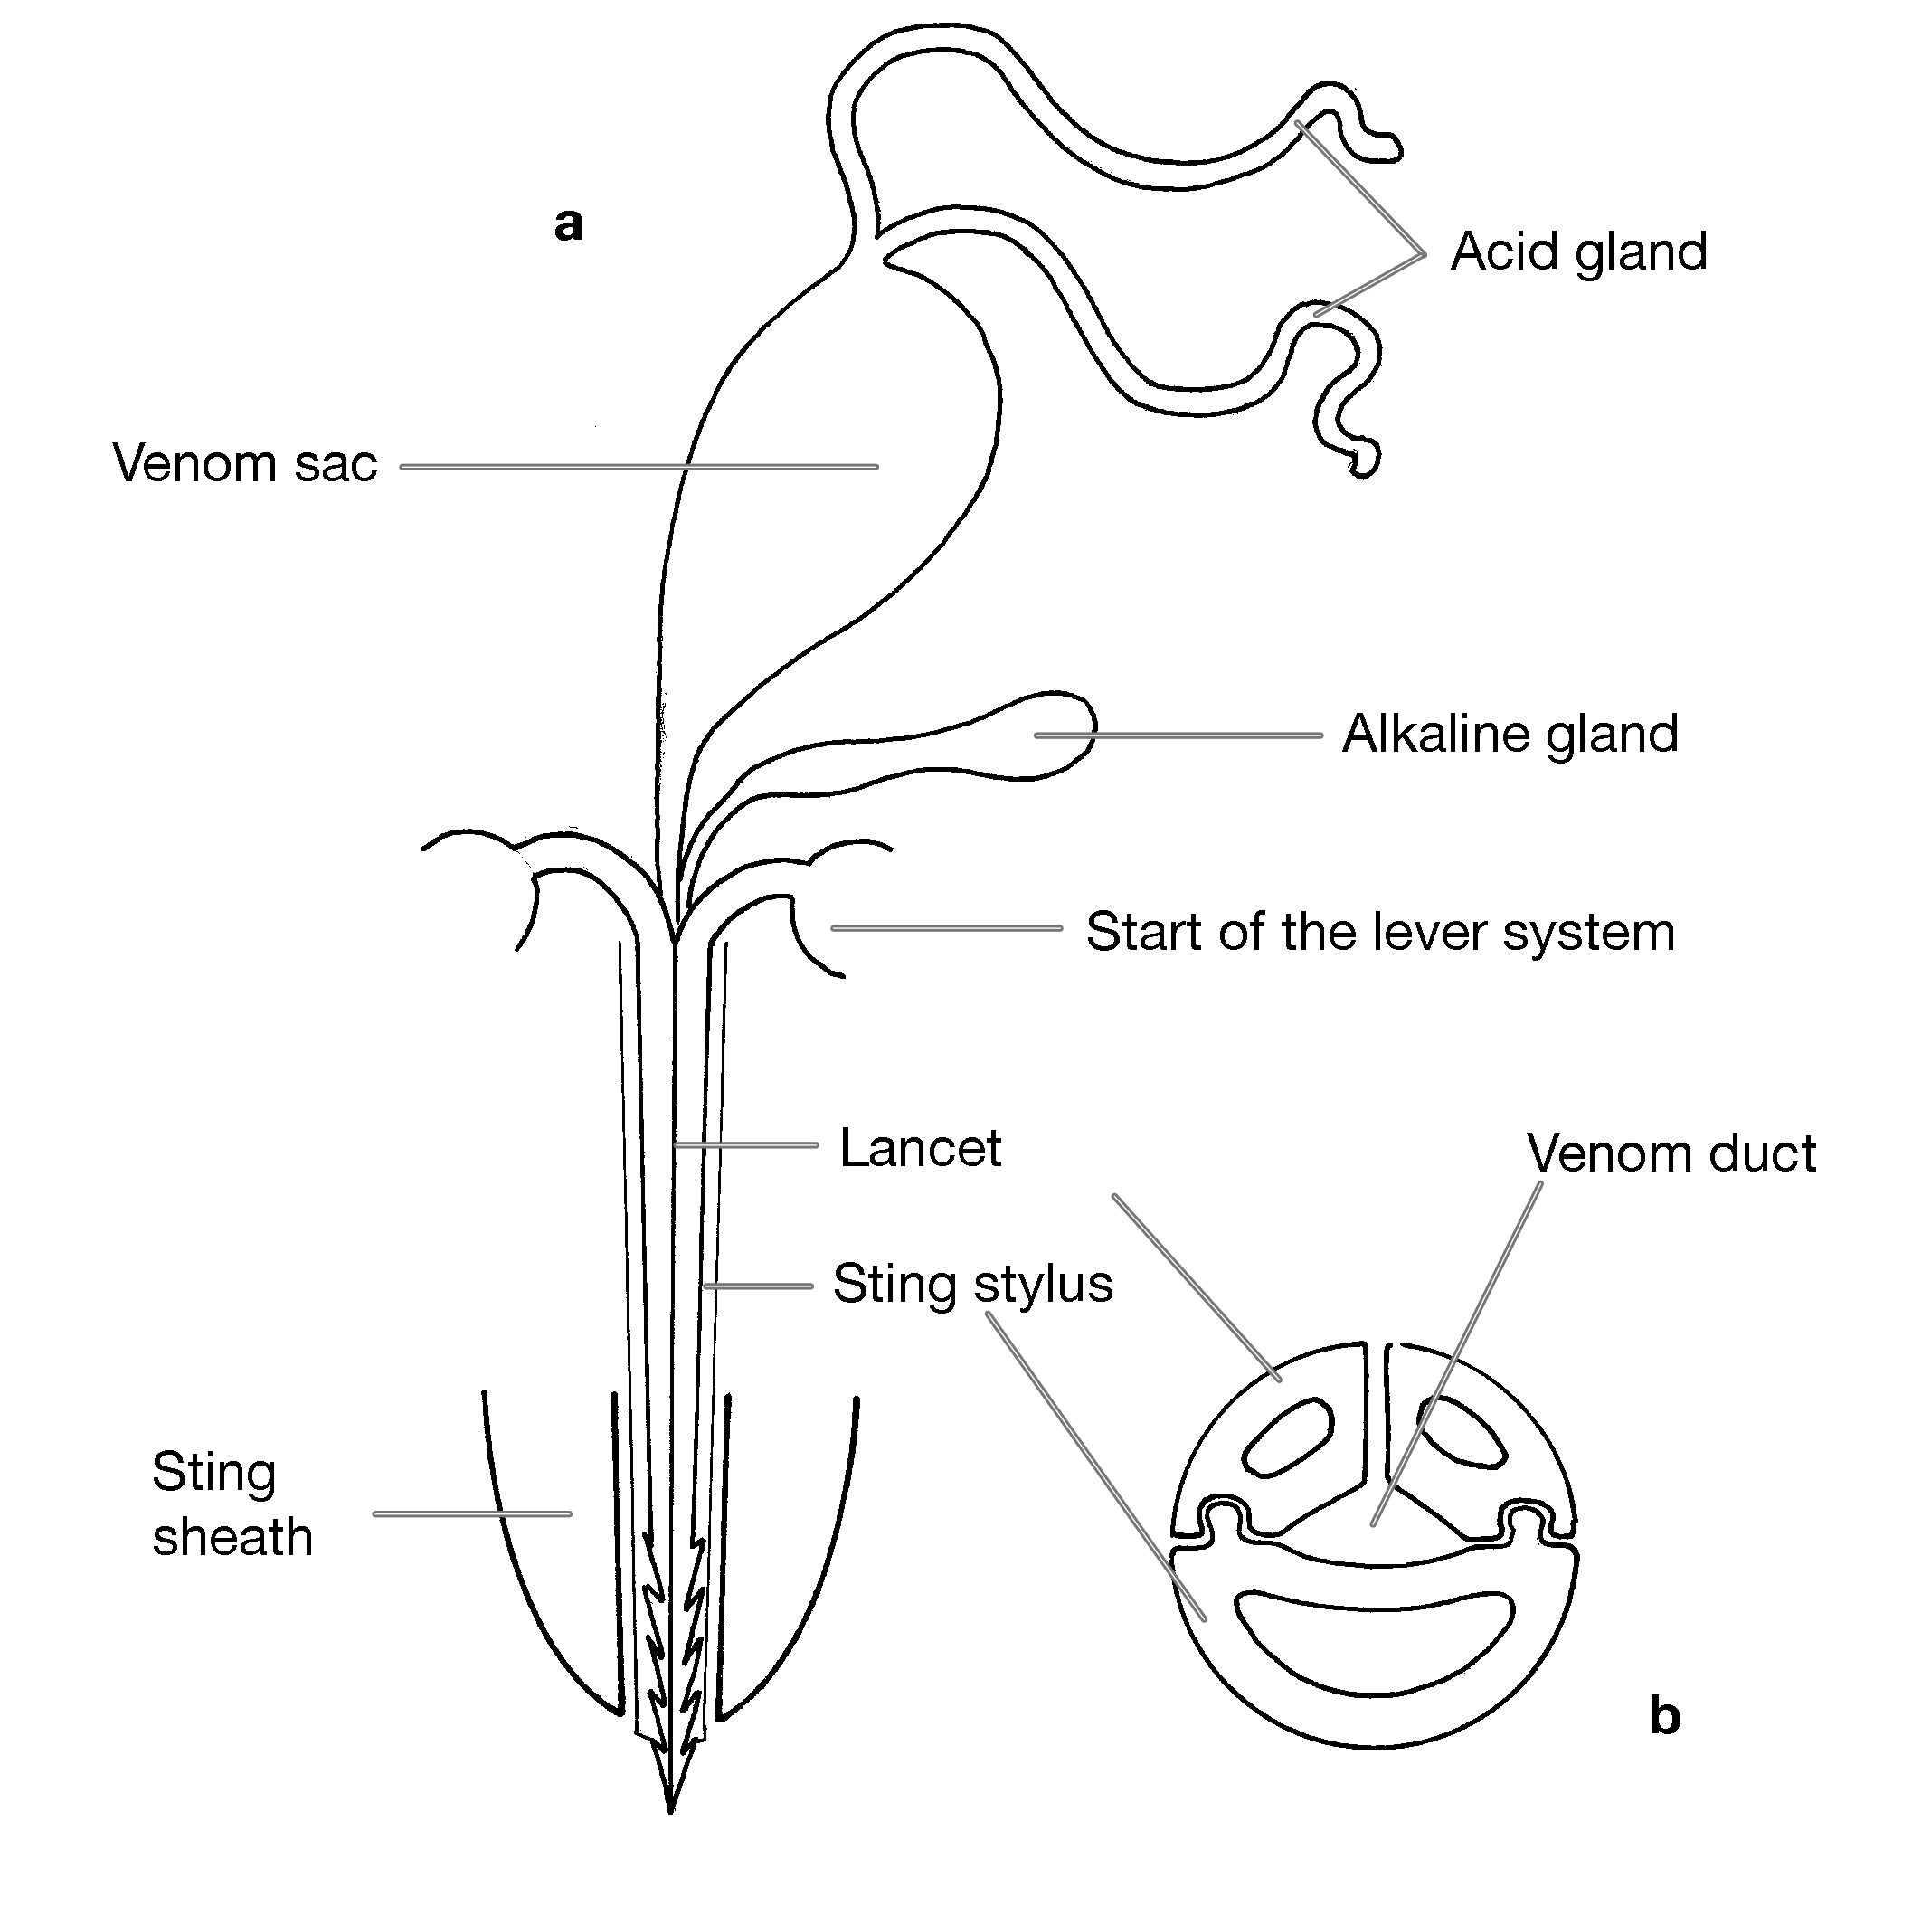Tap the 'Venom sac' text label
coord(245,463)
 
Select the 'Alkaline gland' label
coord(1510,735)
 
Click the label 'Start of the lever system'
coord(1379,932)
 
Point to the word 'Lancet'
coord(920,1147)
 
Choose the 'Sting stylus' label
coord(973,1285)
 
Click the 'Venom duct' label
coord(1671,1153)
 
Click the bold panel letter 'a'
coord(568,224)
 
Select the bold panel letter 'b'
coord(1665,1715)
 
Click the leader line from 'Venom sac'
coord(639,467)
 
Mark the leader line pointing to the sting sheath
coord(472,1513)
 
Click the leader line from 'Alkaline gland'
coord(1178,735)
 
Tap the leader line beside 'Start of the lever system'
coord(947,928)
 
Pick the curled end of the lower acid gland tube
coord(1362,457)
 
